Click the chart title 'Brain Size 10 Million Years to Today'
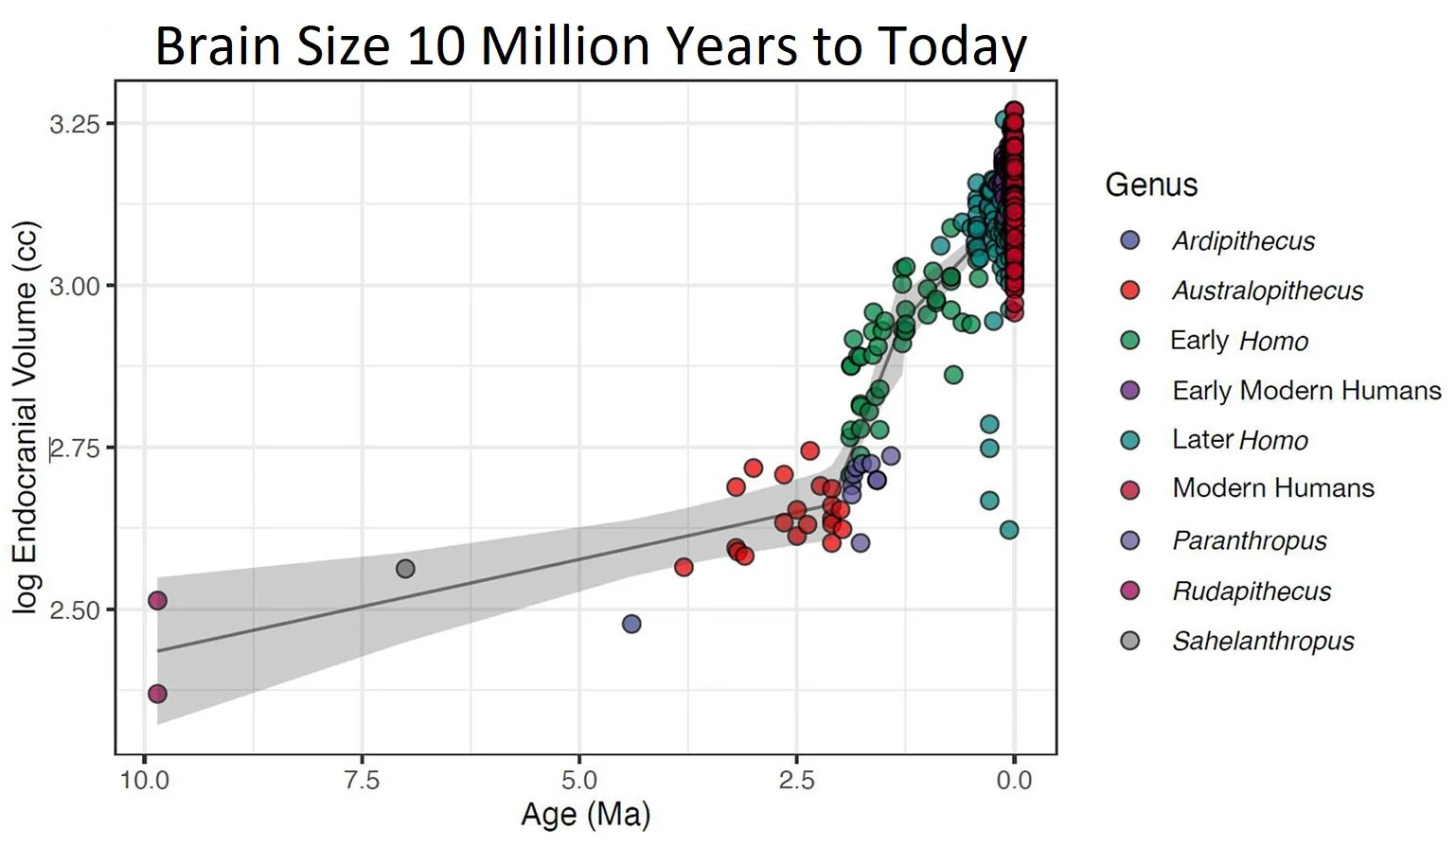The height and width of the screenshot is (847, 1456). (x=591, y=44)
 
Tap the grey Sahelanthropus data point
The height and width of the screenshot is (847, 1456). (x=405, y=569)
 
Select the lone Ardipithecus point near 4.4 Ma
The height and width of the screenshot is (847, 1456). (x=631, y=624)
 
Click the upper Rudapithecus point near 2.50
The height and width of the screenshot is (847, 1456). (x=157, y=601)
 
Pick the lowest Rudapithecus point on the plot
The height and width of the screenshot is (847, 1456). (x=157, y=694)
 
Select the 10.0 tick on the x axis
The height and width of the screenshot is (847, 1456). (x=144, y=780)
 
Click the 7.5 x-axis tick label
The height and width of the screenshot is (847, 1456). (x=362, y=780)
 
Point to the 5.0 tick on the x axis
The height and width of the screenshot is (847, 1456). (x=579, y=780)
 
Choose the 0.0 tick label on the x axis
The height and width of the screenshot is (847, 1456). (x=1014, y=780)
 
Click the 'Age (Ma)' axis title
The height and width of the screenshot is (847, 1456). (x=585, y=815)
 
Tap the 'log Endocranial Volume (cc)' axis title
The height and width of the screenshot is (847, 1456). (x=27, y=416)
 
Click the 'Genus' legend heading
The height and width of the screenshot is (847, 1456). (x=1151, y=185)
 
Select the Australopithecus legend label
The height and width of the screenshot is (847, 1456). (x=1268, y=291)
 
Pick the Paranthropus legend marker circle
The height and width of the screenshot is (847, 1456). (x=1129, y=540)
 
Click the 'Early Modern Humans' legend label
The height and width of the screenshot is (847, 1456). (x=1306, y=390)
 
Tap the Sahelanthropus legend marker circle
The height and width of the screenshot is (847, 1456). (x=1129, y=641)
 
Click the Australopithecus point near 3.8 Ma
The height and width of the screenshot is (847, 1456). (x=684, y=567)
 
